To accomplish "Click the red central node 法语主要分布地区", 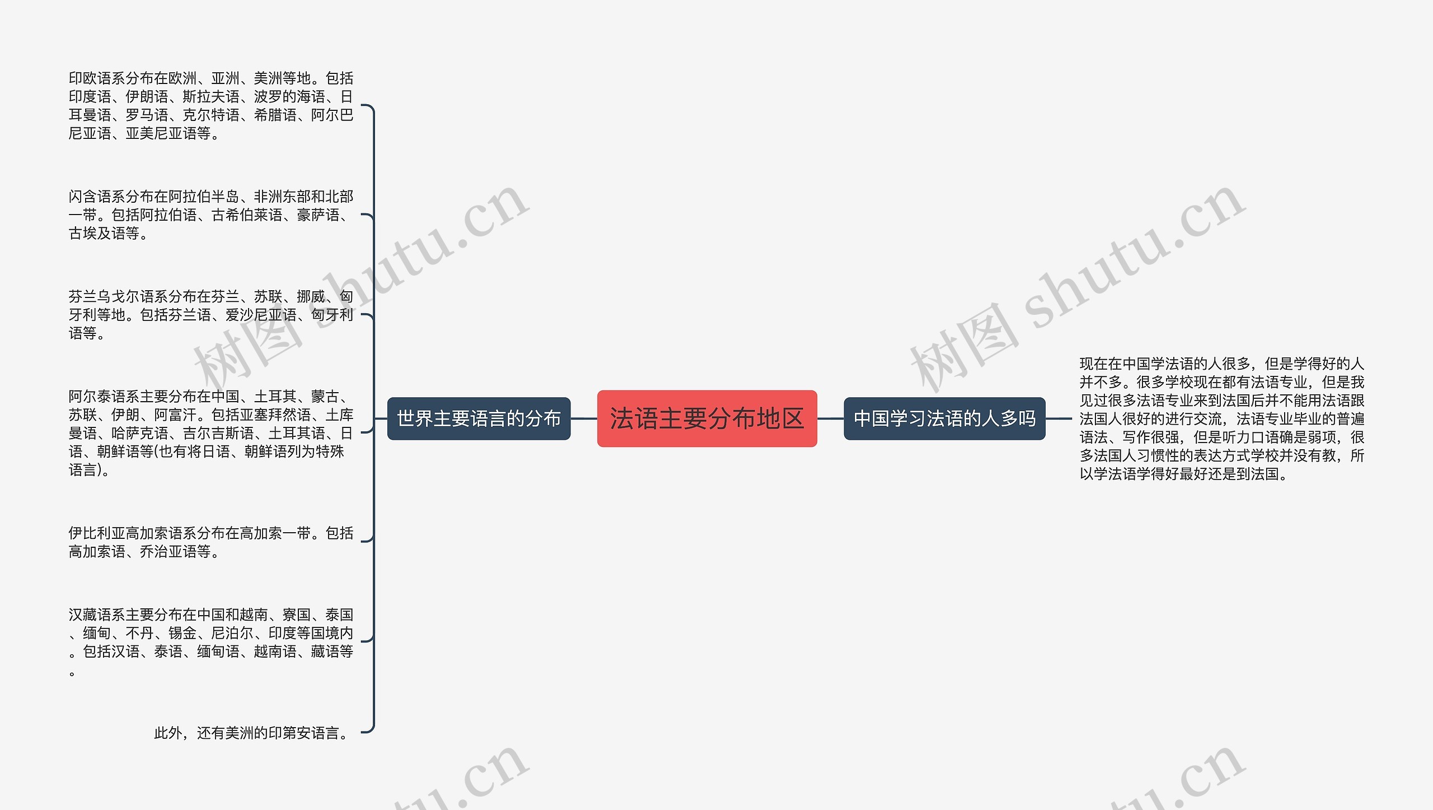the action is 707,418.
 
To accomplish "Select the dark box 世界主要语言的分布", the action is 479,418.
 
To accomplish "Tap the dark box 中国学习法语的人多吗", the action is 944,418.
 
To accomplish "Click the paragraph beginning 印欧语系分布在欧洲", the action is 210,106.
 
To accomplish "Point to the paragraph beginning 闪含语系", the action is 210,215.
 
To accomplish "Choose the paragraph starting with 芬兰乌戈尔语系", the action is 210,315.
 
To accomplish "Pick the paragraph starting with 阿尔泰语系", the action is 210,433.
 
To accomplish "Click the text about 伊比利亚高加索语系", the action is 210,542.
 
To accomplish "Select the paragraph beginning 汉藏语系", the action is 210,642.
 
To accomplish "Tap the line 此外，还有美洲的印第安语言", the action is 252,733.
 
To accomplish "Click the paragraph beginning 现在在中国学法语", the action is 1222,419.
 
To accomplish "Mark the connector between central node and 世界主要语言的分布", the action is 584,418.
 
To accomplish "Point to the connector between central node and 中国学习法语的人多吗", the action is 830,418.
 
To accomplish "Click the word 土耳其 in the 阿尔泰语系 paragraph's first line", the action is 275,397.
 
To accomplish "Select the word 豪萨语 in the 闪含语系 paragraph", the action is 318,215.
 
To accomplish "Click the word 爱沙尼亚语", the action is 261,315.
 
